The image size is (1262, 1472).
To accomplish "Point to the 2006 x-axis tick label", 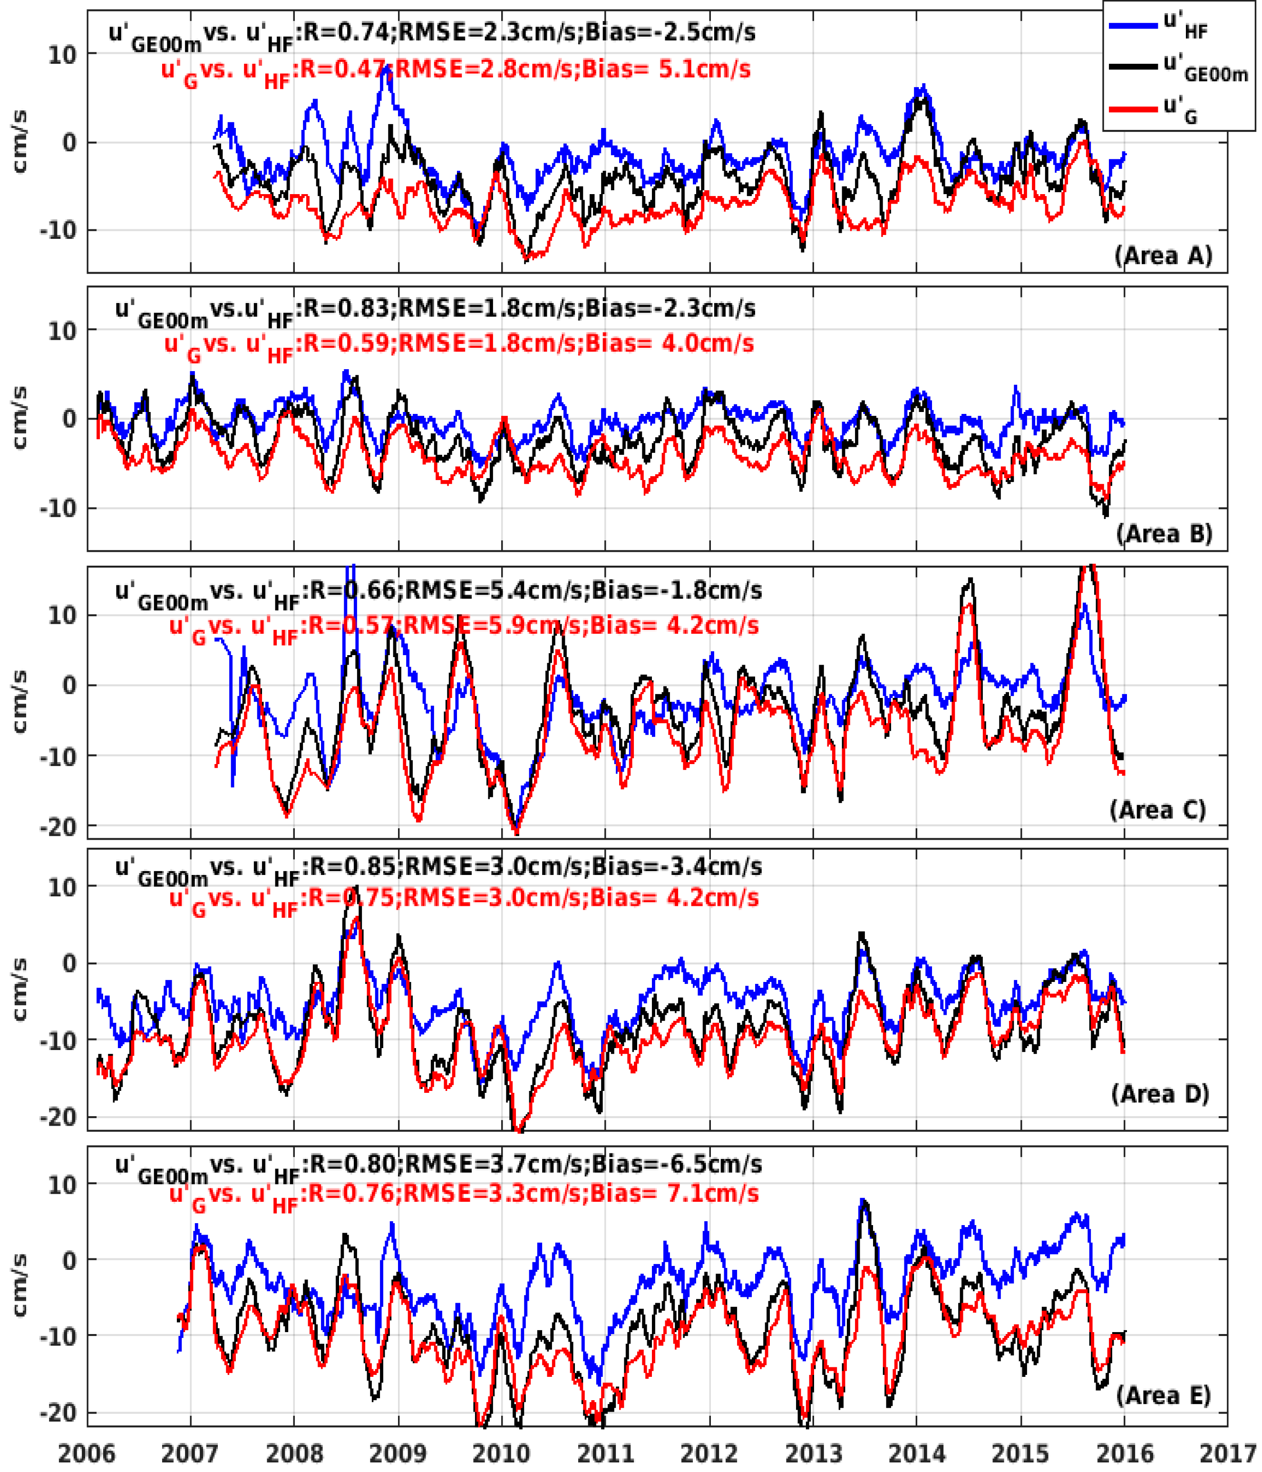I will point(87,1453).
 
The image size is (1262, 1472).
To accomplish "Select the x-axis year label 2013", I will point(813,1453).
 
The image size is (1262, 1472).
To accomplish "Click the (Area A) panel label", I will point(1163,255).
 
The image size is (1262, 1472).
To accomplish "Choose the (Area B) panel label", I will point(1164,533).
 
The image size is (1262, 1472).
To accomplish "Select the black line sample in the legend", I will point(1133,67).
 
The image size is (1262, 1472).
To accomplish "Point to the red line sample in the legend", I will point(1133,108).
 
